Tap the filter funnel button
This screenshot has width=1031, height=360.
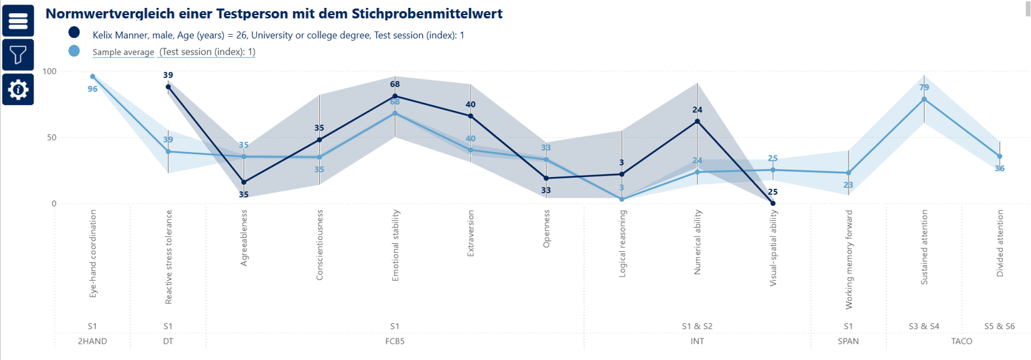[18, 55]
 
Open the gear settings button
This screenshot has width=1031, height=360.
[18, 89]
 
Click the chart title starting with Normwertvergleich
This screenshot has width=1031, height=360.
[273, 13]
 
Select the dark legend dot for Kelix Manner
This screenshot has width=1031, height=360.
[74, 32]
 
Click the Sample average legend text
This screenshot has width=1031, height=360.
[123, 52]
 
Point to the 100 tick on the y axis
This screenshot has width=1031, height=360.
[50, 71]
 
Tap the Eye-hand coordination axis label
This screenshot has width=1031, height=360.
[92, 254]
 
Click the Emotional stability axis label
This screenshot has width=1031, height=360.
[395, 246]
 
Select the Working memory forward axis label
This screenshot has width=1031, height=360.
[849, 260]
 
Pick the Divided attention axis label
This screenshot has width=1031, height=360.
[1000, 243]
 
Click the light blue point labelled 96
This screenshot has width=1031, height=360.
[92, 77]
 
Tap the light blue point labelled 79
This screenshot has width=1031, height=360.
[924, 99]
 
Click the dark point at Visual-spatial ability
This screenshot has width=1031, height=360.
[773, 203]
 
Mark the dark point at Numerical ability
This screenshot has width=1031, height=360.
[697, 121]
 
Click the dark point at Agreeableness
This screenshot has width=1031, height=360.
[244, 182]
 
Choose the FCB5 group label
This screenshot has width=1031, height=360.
[395, 341]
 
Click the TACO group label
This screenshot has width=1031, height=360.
[962, 341]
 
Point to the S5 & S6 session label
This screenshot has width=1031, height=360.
[999, 326]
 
